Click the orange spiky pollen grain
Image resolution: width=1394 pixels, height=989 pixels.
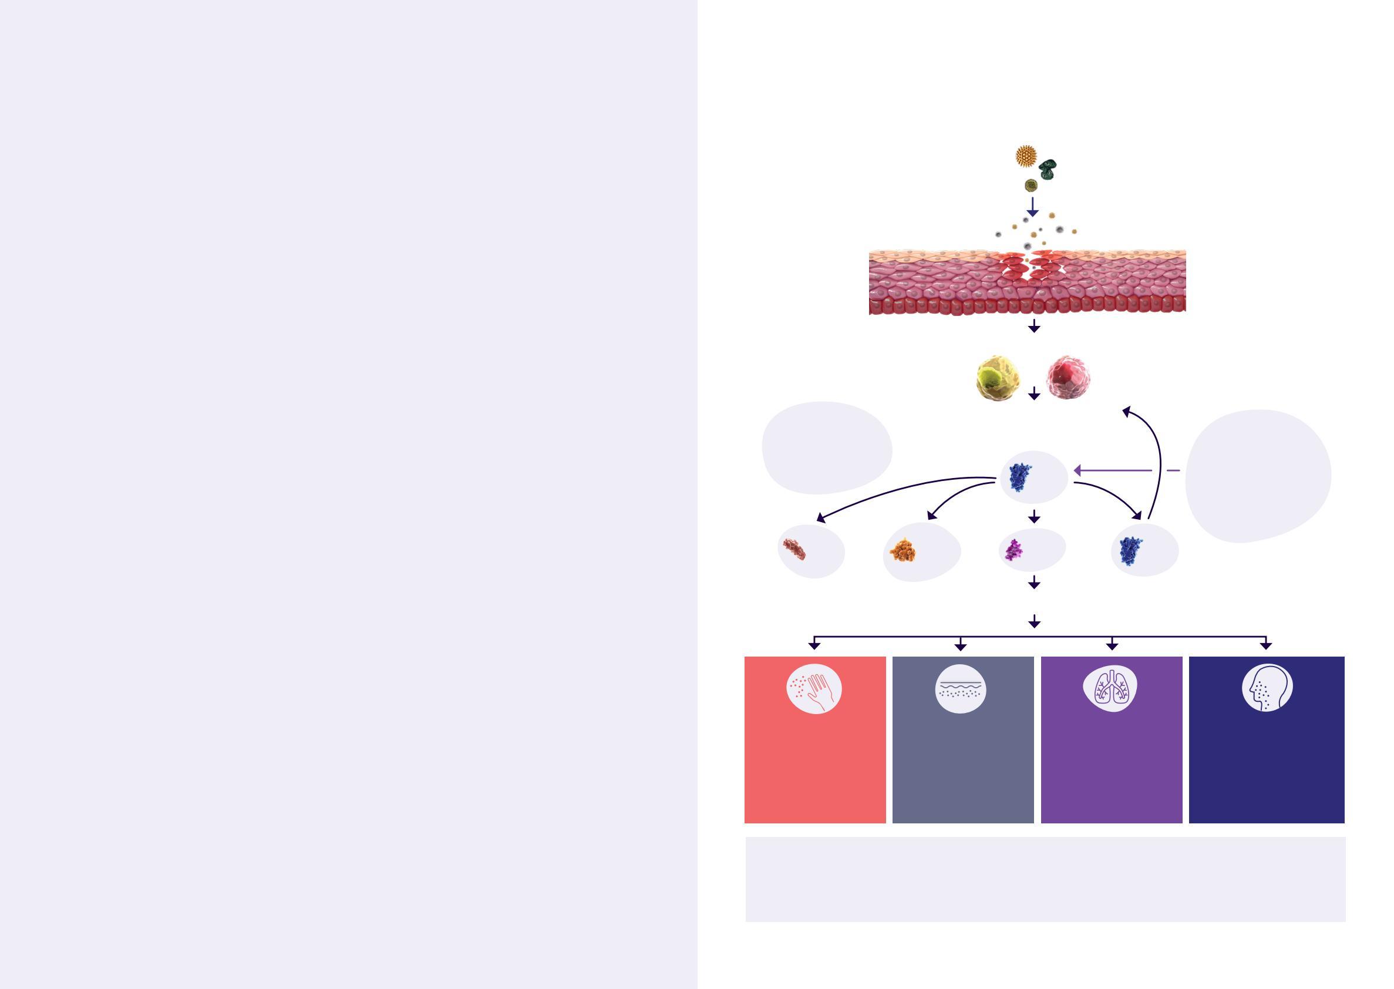pos(1026,156)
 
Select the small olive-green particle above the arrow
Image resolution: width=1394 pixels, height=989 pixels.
pos(1031,185)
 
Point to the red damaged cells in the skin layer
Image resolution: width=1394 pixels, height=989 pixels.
pos(1028,268)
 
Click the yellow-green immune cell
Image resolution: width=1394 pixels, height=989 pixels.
pos(997,378)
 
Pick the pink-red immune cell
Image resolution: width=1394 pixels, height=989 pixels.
pos(1068,377)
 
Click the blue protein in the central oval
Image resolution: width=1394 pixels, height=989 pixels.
pos(1020,477)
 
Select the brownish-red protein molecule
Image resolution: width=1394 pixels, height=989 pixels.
pos(794,549)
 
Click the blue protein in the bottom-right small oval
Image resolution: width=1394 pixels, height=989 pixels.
pos(1130,550)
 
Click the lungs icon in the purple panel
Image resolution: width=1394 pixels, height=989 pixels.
pos(1111,689)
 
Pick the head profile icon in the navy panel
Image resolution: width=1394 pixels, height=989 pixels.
pos(1267,688)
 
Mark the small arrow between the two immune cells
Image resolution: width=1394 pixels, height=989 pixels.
pos(1033,393)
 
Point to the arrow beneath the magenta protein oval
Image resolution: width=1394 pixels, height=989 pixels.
pos(1033,583)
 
